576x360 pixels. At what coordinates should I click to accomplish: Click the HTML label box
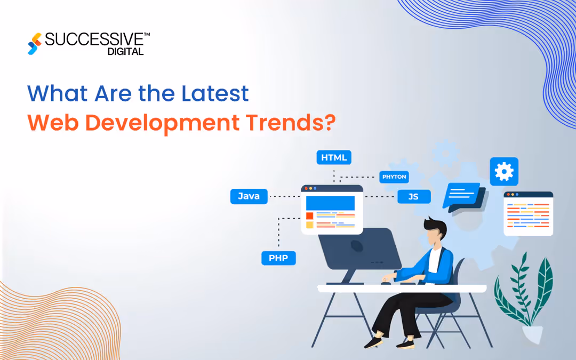coord(334,157)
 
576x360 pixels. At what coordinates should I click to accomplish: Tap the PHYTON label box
coord(394,177)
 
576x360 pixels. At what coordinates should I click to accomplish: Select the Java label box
coord(249,196)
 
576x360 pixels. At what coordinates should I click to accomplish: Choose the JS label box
coord(413,196)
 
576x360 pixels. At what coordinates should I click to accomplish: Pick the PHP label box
coord(278,258)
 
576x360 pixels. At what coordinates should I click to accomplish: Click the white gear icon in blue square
coord(504,171)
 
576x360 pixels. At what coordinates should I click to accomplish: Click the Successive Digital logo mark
coord(35,44)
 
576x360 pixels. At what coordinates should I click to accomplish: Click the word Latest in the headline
coord(214,94)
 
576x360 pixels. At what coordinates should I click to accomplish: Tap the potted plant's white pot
coord(533,334)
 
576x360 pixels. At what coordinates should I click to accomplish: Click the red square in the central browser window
coord(309,215)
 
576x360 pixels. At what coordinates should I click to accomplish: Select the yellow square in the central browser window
coord(309,225)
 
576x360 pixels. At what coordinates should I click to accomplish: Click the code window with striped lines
coord(528,213)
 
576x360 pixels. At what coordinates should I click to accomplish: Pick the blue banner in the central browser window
coord(330,203)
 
